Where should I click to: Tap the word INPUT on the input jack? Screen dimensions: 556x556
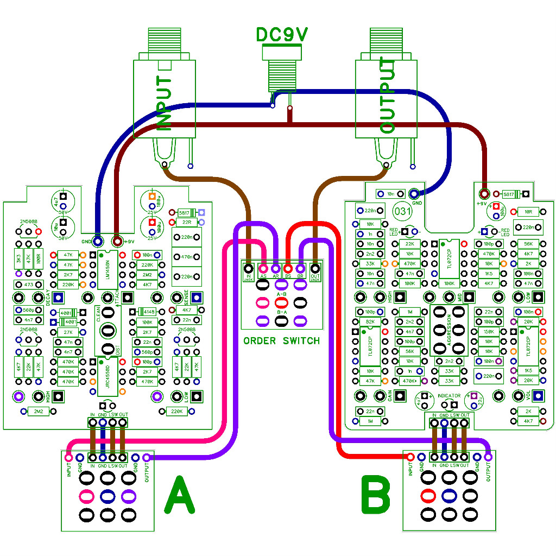165,103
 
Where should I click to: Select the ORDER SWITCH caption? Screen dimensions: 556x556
281,341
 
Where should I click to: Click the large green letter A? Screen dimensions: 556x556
179,494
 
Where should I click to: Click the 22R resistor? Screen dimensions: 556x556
187,222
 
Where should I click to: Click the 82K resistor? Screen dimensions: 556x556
371,322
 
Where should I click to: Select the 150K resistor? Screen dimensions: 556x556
489,332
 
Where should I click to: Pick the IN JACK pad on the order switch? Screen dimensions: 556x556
249,268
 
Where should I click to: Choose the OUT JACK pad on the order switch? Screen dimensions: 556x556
314,268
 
